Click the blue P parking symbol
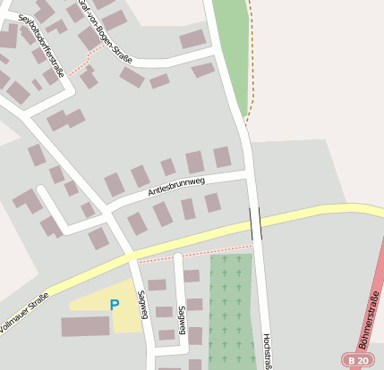pos(114,305)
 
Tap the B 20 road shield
pos(359,359)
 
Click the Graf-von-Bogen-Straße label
pos(106,30)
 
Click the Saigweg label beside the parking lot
pos(142,304)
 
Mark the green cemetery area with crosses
pos(232,308)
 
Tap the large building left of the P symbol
pos(85,326)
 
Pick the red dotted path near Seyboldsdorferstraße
pos(81,62)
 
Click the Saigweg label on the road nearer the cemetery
pos(182,318)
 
